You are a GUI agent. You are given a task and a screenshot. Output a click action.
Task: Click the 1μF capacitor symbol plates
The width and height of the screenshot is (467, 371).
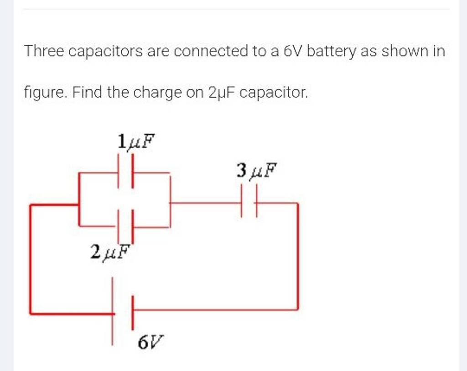pos(126,172)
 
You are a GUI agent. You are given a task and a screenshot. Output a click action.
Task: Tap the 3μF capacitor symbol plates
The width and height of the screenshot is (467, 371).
pos(249,203)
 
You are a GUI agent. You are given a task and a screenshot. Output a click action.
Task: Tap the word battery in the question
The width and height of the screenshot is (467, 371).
pos(330,51)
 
